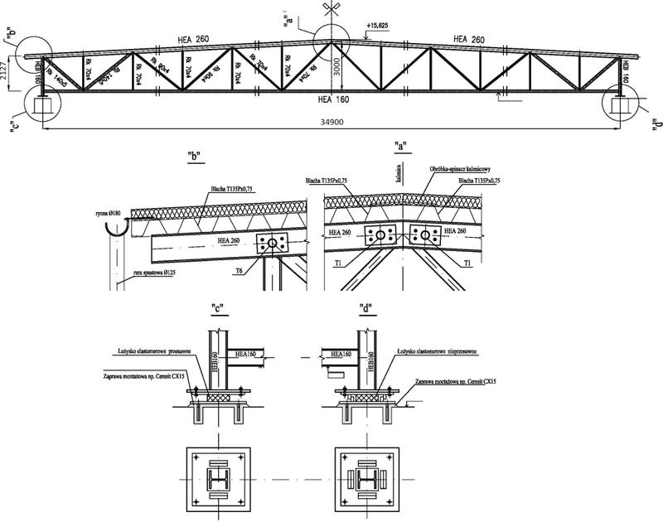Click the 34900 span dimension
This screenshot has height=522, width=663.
click(x=331, y=122)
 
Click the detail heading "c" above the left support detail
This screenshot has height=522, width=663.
click(x=219, y=310)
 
